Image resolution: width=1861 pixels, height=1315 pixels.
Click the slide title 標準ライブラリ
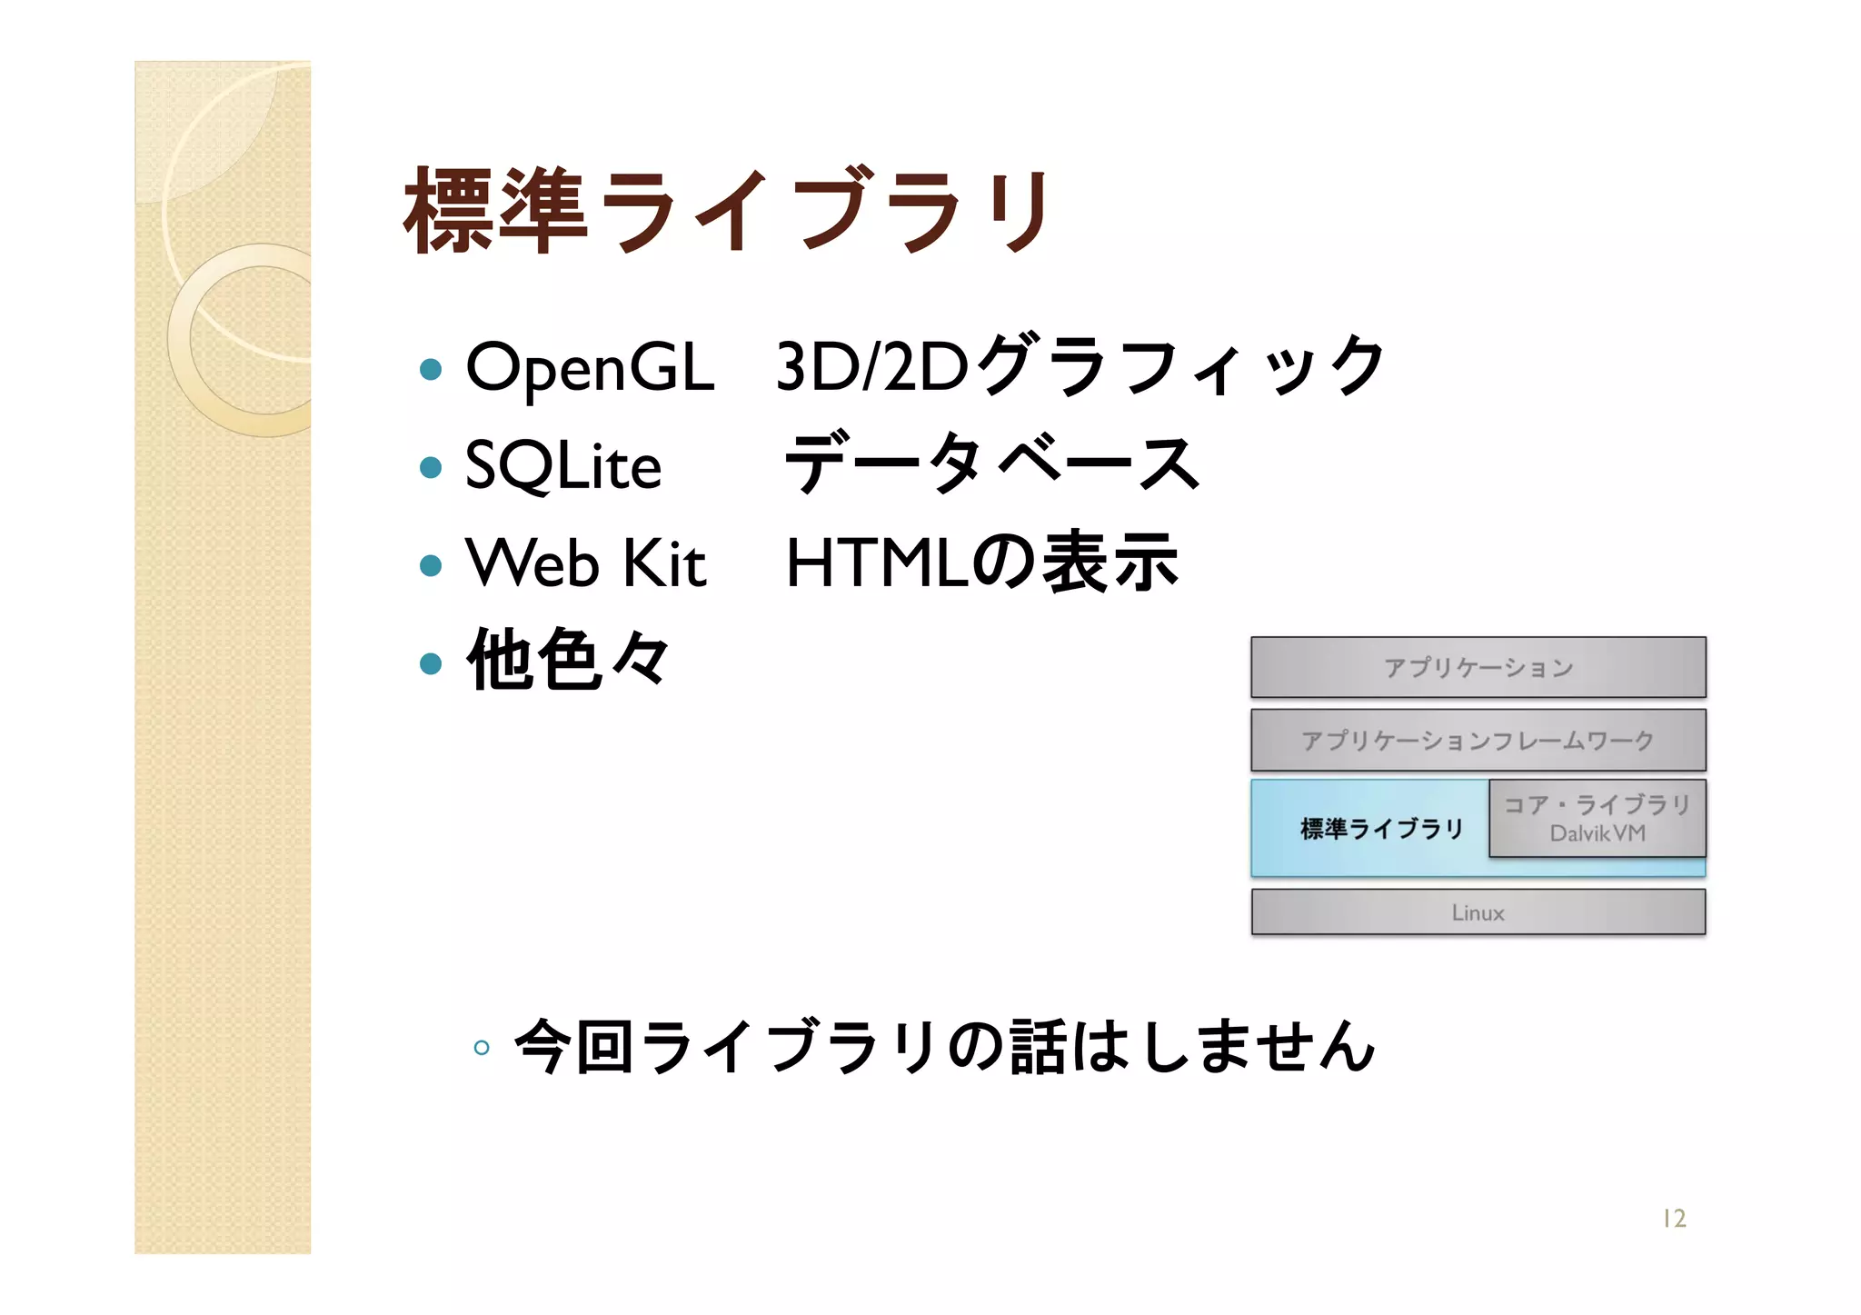(727, 211)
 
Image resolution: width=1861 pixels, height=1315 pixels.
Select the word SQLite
(562, 465)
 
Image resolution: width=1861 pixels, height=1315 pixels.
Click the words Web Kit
(585, 563)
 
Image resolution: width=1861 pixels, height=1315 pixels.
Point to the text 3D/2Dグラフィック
(1080, 366)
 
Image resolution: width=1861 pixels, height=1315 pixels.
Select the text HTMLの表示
(981, 563)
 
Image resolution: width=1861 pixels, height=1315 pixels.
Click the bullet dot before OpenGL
(431, 369)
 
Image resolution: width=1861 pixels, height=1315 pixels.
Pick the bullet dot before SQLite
(431, 467)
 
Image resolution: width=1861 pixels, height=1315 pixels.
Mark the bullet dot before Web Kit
(431, 565)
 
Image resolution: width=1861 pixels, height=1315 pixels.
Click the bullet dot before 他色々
(431, 663)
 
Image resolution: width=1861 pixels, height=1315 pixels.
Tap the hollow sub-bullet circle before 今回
(482, 1048)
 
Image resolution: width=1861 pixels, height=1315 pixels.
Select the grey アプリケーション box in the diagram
(1478, 667)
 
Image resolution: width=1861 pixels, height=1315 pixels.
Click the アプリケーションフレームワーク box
(1478, 740)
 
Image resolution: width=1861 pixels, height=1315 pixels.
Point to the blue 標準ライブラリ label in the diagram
(1381, 829)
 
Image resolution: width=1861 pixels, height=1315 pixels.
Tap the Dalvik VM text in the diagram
(1597, 833)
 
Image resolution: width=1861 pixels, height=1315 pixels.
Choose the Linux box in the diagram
(1478, 912)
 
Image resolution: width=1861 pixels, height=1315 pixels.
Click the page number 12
(1674, 1219)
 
